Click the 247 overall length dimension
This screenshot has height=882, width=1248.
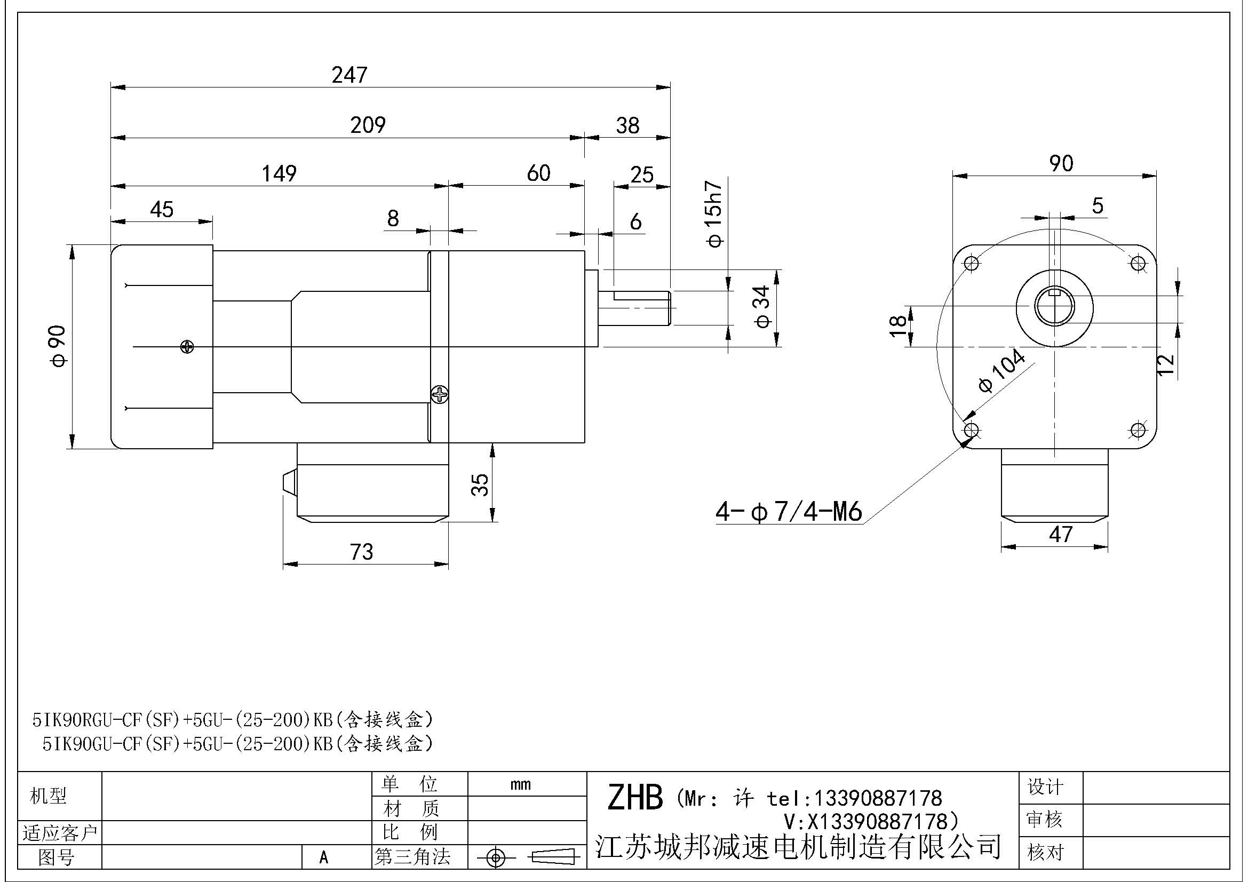point(349,75)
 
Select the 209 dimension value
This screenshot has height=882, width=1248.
point(368,125)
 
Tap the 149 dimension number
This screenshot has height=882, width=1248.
point(279,174)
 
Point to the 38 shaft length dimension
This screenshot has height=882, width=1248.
point(627,126)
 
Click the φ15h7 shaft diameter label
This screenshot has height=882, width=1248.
point(714,214)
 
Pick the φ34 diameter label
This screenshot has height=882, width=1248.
point(763,307)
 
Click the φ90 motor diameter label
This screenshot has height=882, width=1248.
point(59,346)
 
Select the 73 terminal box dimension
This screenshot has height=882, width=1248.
point(361,552)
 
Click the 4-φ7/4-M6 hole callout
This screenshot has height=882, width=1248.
point(789,512)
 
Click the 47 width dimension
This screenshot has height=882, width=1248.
point(1061,535)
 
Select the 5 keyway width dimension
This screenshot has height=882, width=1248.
point(1098,206)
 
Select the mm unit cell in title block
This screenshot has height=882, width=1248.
point(521,785)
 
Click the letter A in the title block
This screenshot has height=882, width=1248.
point(324,858)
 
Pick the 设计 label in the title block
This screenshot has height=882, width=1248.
point(1045,787)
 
